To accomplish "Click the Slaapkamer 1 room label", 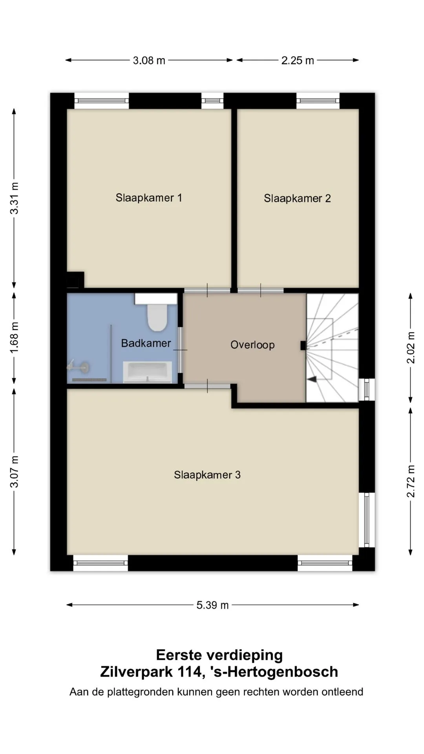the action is [149, 198].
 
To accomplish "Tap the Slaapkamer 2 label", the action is [297, 198].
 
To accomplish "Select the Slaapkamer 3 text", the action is [207, 475].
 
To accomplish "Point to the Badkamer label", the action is [146, 343].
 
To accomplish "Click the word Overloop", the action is [252, 345].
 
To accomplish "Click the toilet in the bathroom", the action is [156, 313].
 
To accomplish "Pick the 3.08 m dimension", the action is [149, 60].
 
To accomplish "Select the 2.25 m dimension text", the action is [298, 60].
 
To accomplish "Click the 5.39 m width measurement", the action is [212, 605].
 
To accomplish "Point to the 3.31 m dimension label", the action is [15, 198].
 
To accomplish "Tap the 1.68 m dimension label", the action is [15, 337].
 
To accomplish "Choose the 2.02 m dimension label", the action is [411, 348].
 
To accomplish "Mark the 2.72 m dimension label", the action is [411, 481].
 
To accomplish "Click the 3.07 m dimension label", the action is [15, 472].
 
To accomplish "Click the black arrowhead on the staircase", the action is [312, 379].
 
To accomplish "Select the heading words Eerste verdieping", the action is [219, 655].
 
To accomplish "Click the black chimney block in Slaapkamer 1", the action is [75, 280].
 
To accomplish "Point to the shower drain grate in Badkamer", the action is [90, 380].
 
